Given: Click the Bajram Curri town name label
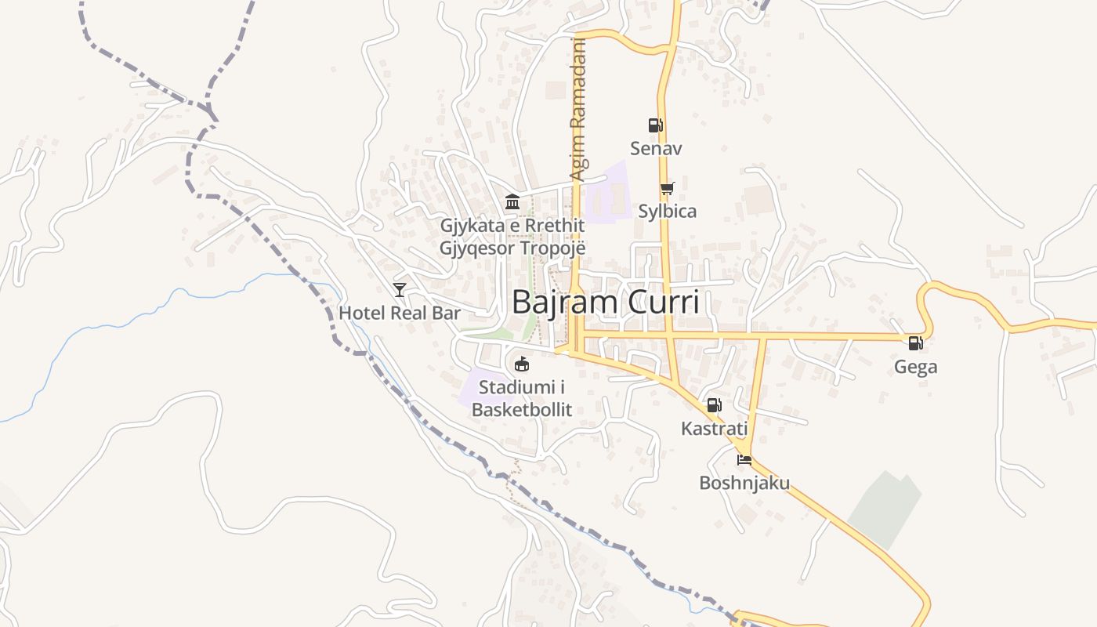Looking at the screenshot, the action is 605,302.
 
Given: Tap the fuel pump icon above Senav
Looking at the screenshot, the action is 655,125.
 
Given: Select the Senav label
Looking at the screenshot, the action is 657,148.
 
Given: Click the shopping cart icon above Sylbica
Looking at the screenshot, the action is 667,188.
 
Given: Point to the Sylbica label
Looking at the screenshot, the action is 667,211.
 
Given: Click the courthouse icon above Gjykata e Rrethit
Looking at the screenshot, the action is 512,202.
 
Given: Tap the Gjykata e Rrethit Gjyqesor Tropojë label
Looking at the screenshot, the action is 512,237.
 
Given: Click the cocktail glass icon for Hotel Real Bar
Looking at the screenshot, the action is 400,290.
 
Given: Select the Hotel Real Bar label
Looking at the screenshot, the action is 400,313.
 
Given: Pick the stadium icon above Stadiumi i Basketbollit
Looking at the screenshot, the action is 522,364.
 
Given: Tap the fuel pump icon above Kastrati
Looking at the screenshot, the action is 714,405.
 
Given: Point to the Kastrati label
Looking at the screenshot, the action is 714,429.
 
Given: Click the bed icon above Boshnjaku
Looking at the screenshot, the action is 744,459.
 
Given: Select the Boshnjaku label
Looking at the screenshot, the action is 744,483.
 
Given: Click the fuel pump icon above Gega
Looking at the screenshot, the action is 915,343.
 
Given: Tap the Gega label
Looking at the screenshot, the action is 915,367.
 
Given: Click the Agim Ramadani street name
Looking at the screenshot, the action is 578,110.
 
